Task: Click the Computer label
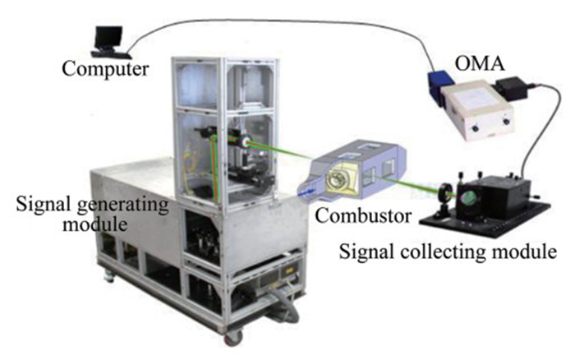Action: click(105, 69)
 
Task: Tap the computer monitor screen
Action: click(108, 38)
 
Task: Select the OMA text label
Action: click(479, 63)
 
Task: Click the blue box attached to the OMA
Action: click(440, 87)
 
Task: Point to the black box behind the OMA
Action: click(512, 89)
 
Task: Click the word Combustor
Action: click(363, 216)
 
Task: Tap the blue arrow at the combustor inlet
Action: click(307, 192)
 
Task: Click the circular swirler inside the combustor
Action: click(338, 179)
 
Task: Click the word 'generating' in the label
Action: click(123, 205)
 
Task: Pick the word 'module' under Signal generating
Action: click(95, 223)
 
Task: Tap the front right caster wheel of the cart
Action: click(233, 337)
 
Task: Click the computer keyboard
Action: click(111, 55)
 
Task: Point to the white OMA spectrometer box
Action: click(476, 110)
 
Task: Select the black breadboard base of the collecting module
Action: click(485, 219)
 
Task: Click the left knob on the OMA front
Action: click(476, 129)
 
